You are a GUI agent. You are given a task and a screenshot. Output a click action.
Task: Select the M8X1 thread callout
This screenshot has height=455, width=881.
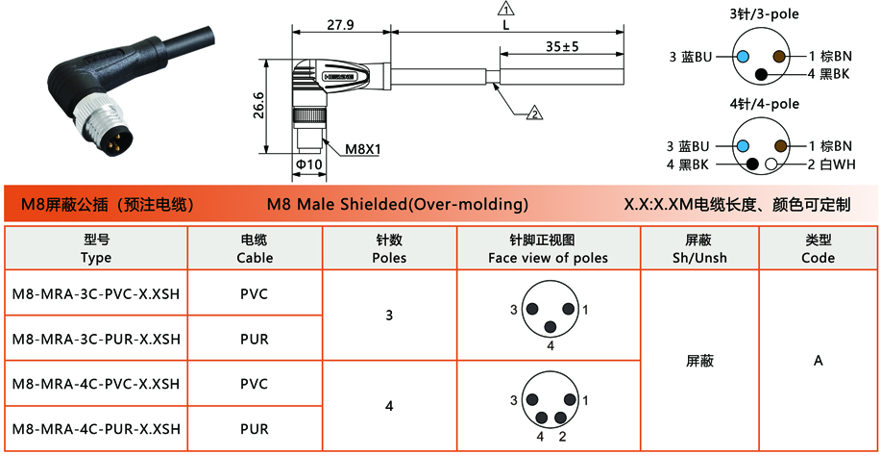click(x=363, y=150)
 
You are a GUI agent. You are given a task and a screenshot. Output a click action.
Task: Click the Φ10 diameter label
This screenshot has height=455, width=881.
click(x=309, y=165)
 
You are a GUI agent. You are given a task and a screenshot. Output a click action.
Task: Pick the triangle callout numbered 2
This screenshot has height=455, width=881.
click(x=534, y=114)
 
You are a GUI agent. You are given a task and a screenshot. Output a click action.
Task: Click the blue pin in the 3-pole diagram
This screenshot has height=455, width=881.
click(x=743, y=56)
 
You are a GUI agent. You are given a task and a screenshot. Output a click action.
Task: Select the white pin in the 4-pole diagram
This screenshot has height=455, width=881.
click(x=771, y=164)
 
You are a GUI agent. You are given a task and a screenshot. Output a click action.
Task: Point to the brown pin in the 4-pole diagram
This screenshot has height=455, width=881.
click(x=780, y=146)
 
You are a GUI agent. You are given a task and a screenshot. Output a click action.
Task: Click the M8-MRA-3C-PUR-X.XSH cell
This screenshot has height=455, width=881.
click(x=96, y=339)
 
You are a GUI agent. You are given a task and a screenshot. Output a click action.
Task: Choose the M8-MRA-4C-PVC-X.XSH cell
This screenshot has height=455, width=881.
click(x=96, y=384)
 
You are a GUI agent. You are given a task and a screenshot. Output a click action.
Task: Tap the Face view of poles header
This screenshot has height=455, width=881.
click(x=548, y=258)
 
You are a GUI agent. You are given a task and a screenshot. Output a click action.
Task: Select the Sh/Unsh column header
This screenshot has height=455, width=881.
click(x=699, y=258)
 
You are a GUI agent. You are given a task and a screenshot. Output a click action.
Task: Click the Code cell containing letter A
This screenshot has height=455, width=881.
click(x=819, y=361)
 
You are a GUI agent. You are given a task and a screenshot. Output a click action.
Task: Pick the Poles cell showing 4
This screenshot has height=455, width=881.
click(x=389, y=406)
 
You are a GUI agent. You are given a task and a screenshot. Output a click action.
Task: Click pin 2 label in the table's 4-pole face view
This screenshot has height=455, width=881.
click(x=562, y=437)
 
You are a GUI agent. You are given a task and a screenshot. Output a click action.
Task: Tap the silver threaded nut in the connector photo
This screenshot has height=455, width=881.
click(x=98, y=114)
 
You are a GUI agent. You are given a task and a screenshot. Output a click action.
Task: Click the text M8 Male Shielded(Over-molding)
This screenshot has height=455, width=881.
click(x=397, y=204)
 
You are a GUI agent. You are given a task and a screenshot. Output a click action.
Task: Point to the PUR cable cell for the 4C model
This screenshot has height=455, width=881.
click(x=255, y=429)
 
